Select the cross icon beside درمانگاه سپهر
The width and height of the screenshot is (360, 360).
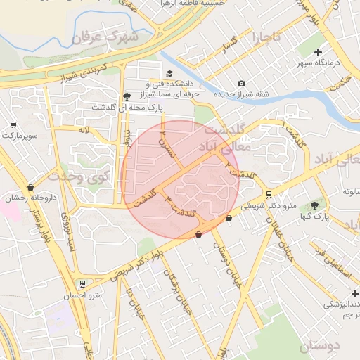click(x=319, y=52)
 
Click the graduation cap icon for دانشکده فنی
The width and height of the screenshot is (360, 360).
click(x=169, y=74)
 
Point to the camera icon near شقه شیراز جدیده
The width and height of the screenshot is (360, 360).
click(x=241, y=84)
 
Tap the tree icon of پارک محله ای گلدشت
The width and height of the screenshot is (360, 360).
click(x=127, y=96)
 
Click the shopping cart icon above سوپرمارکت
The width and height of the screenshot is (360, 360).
click(x=13, y=124)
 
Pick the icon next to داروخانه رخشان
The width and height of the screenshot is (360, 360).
click(x=30, y=188)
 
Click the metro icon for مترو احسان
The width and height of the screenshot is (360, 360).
click(x=84, y=284)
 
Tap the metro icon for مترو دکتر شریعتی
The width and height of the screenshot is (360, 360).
click(x=269, y=195)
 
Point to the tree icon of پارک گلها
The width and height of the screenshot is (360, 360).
click(x=314, y=205)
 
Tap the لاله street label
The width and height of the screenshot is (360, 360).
click(x=84, y=130)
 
